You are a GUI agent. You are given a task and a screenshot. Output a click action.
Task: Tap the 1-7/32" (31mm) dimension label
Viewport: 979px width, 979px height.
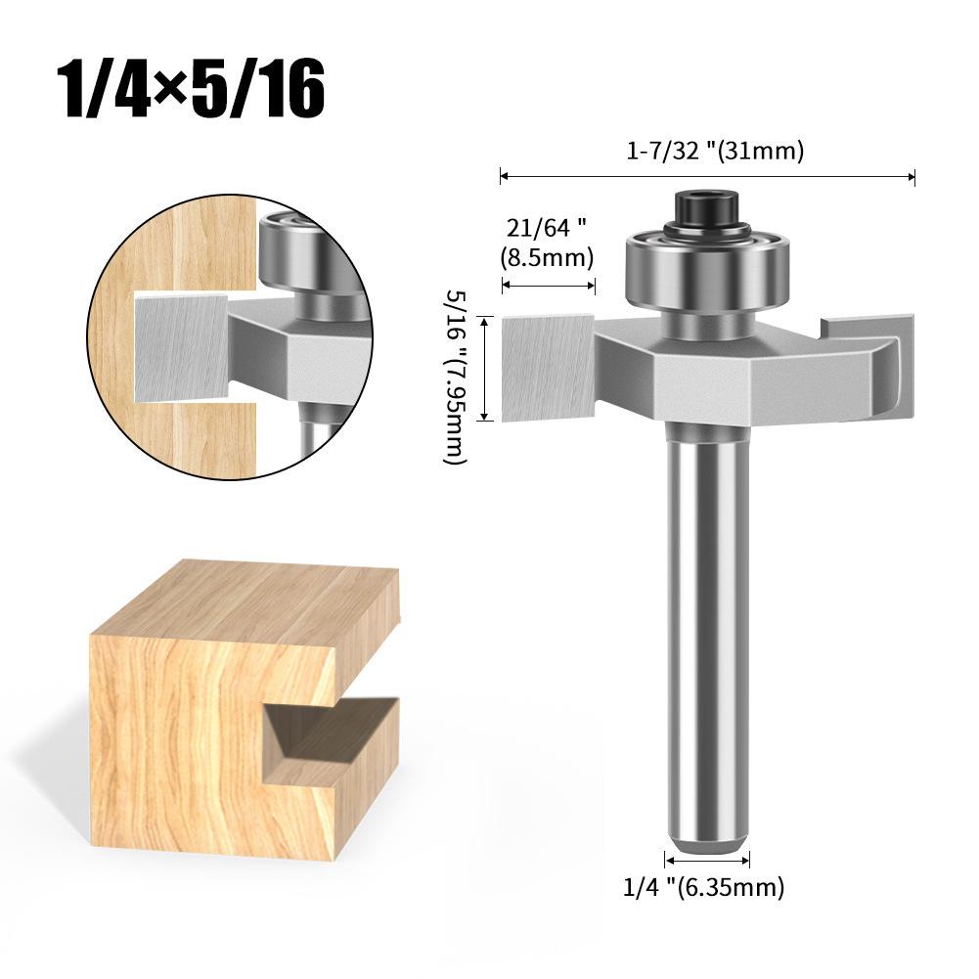coord(715,152)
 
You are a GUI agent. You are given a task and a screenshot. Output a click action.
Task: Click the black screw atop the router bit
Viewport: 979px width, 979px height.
coord(709,208)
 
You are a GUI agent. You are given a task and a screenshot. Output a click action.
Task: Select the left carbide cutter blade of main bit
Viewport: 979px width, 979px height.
coord(549,367)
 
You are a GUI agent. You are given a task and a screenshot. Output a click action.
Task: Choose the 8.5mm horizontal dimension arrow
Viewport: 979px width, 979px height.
coord(549,287)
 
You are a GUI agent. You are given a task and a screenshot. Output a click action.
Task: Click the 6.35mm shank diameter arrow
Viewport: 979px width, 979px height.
coord(707,861)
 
